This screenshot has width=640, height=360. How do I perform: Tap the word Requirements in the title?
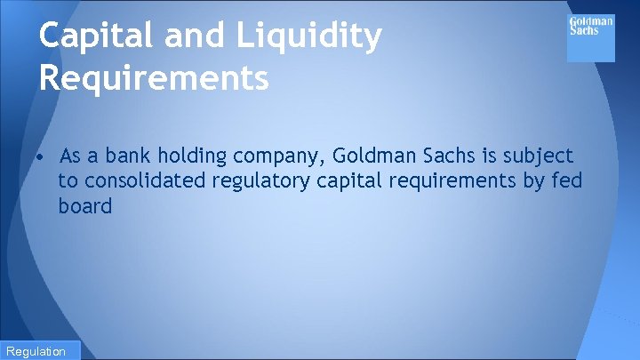154,78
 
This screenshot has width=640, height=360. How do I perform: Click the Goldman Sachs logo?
590,38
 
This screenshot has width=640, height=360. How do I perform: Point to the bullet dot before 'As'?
42,157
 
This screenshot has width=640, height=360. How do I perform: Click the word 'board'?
85,206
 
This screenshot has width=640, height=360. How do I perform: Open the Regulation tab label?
36,351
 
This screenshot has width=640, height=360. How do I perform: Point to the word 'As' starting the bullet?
70,156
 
